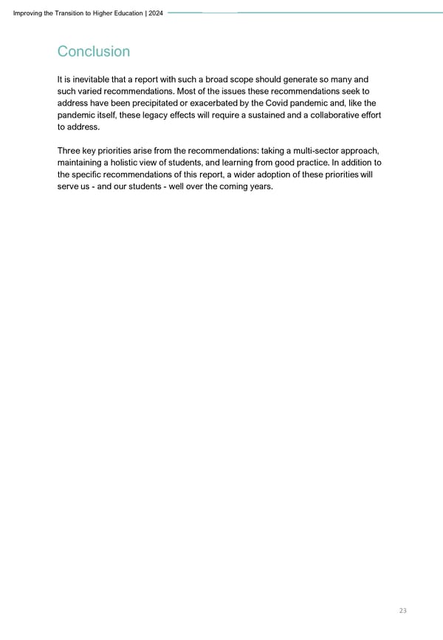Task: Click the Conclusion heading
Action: click(93, 52)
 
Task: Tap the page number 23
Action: click(402, 610)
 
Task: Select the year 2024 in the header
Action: click(156, 13)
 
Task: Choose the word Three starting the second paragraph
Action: click(70, 150)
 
